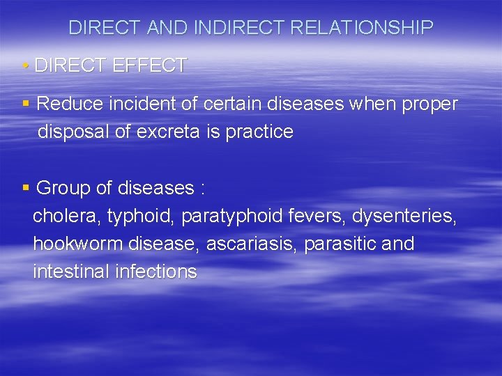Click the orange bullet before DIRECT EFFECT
tap(25, 66)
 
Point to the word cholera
tap(67, 217)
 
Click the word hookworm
tap(77, 244)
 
